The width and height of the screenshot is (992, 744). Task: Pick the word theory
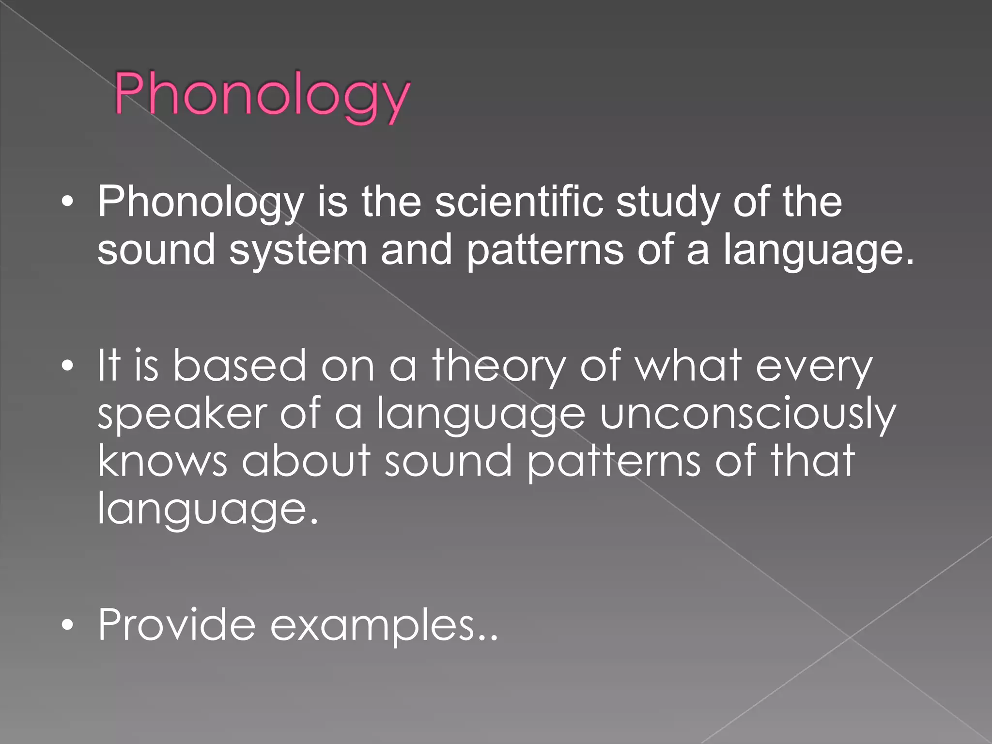[499, 366]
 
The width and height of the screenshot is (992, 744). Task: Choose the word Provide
[177, 625]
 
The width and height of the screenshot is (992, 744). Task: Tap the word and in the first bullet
[416, 249]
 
